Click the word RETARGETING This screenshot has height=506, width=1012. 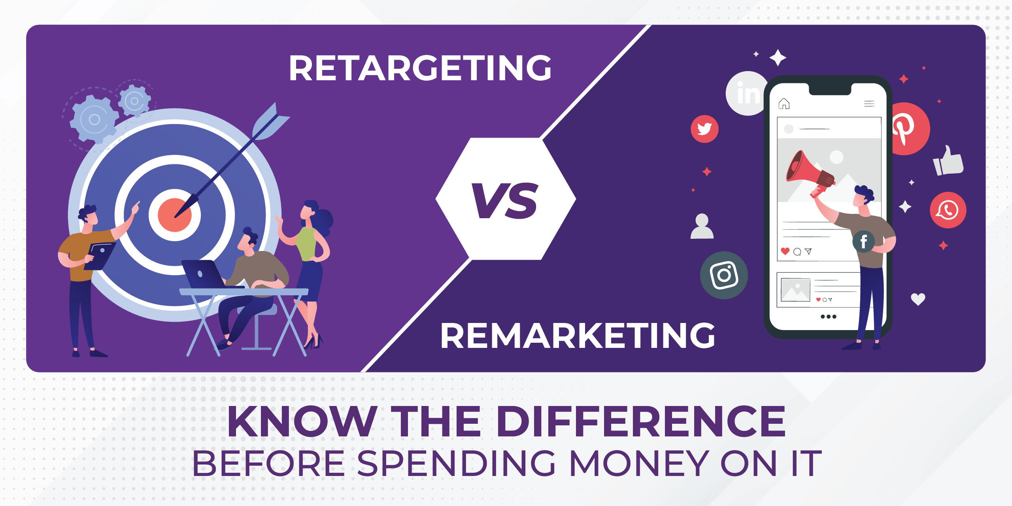(x=420, y=68)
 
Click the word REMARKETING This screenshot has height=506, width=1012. (x=578, y=335)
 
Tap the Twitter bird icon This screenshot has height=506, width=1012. (x=704, y=129)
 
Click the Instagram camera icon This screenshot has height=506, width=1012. (x=724, y=275)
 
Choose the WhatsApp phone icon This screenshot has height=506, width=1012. (x=948, y=210)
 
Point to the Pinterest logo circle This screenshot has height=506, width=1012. (x=909, y=129)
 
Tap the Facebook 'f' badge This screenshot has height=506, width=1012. (x=864, y=241)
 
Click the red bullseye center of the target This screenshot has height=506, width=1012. (x=174, y=215)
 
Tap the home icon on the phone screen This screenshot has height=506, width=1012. (x=784, y=104)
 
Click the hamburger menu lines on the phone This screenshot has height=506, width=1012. (x=869, y=104)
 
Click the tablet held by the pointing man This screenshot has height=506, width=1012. (x=100, y=256)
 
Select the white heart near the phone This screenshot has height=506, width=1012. (x=918, y=299)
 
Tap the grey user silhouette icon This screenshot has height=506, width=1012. (x=702, y=227)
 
